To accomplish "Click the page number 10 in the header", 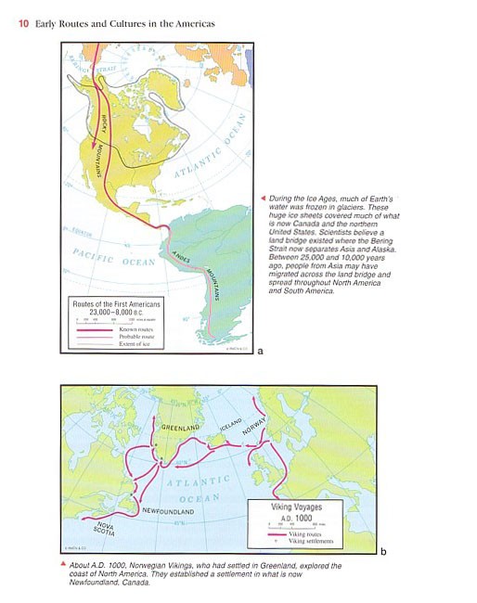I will tap(22, 23).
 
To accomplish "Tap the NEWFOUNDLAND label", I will tap(167, 511).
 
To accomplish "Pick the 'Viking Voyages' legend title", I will tap(295, 507).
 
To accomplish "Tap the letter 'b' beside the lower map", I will tap(382, 552).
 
